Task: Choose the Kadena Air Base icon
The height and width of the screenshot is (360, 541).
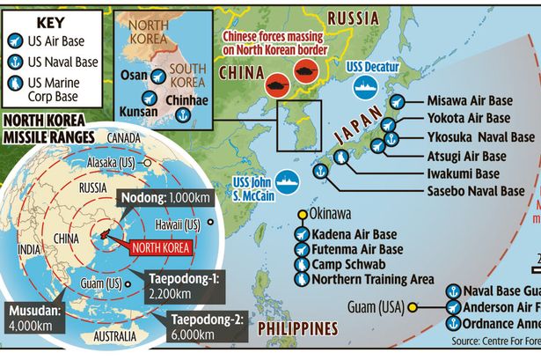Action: [x=302, y=234]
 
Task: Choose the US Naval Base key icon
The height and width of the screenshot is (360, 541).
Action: [x=13, y=62]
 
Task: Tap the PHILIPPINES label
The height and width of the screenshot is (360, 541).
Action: [x=297, y=328]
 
